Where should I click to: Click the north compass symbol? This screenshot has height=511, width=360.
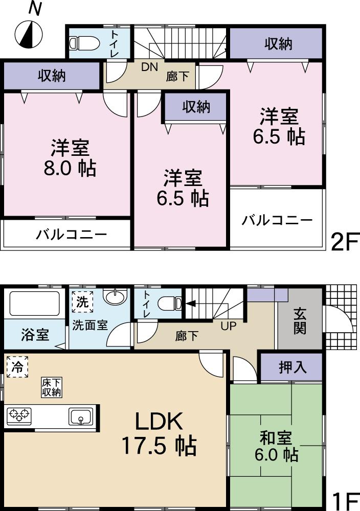point(28,34)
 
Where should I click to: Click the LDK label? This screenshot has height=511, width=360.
point(159,422)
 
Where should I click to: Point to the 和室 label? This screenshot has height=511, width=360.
point(276,438)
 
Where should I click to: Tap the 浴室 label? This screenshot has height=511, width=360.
point(35,335)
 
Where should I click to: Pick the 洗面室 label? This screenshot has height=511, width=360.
point(89,325)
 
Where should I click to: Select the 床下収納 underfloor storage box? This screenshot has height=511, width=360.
point(52,387)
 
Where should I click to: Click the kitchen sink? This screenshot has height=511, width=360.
point(81,416)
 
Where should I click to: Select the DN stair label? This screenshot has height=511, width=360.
point(149,66)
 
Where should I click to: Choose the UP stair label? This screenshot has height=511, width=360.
point(228,325)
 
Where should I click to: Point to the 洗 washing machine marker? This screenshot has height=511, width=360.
point(82,301)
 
